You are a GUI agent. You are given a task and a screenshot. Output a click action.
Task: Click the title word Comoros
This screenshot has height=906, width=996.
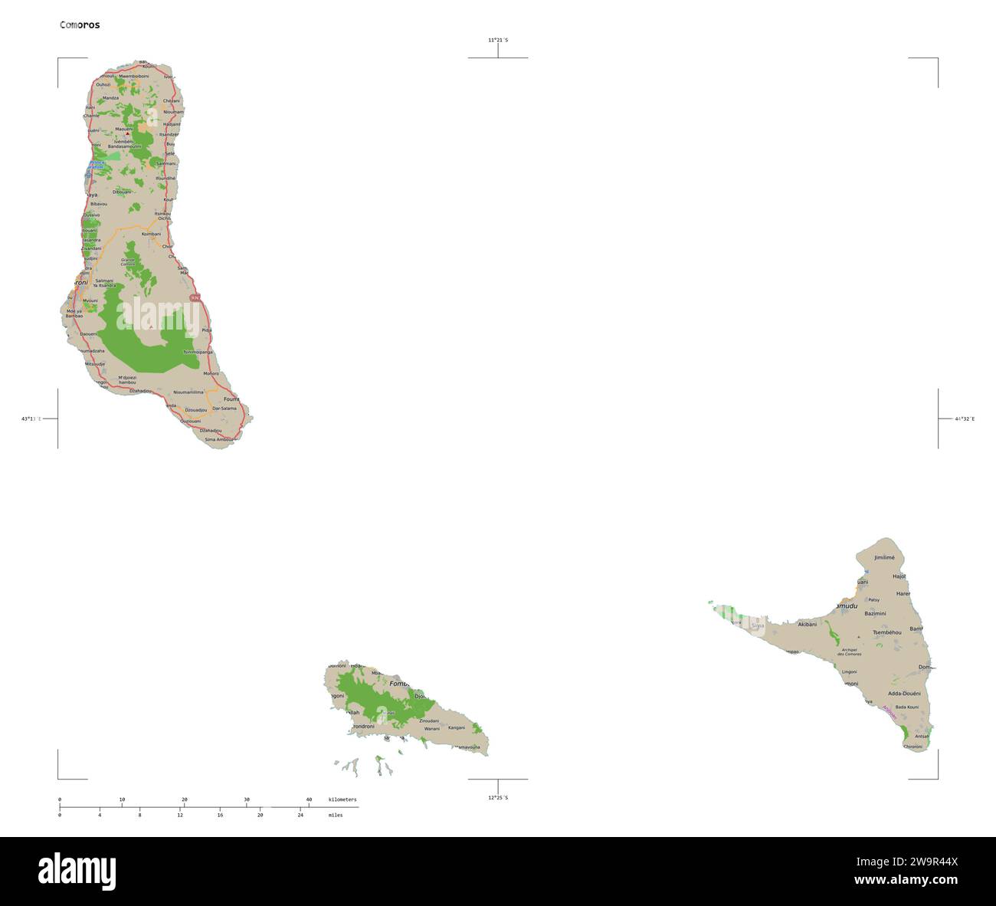[x=80, y=25]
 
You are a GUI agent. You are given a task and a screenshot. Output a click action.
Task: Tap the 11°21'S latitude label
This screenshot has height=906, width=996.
[x=498, y=40]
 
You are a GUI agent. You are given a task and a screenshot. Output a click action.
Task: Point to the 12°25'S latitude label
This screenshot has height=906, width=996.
[x=498, y=798]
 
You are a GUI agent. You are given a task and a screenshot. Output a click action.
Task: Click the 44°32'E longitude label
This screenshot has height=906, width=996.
[x=965, y=419]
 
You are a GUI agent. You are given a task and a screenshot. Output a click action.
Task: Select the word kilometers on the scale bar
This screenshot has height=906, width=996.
[x=342, y=799]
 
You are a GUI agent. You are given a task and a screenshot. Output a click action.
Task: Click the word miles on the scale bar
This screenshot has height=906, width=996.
[x=335, y=816]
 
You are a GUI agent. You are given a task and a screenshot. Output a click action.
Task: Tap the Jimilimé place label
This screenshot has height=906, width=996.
[x=884, y=558]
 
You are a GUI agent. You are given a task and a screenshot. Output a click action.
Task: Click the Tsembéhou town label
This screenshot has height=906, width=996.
[x=886, y=632]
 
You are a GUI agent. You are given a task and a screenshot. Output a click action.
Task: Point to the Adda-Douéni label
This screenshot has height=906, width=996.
[x=904, y=693]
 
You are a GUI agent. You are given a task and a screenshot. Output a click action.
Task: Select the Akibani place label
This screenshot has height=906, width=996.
[x=808, y=625]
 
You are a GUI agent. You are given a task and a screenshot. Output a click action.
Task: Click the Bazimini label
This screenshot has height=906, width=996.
[x=875, y=614]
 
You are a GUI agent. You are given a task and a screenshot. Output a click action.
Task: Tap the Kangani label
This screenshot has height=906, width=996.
[x=457, y=727]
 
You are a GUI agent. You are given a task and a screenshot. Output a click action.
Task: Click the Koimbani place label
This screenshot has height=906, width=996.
[x=151, y=234]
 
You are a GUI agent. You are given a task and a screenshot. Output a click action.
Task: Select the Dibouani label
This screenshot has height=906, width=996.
[x=122, y=192]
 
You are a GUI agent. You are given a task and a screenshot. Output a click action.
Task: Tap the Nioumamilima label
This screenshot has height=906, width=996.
[x=188, y=392]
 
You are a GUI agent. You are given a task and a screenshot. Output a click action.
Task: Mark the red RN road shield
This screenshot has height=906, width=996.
[x=195, y=297]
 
